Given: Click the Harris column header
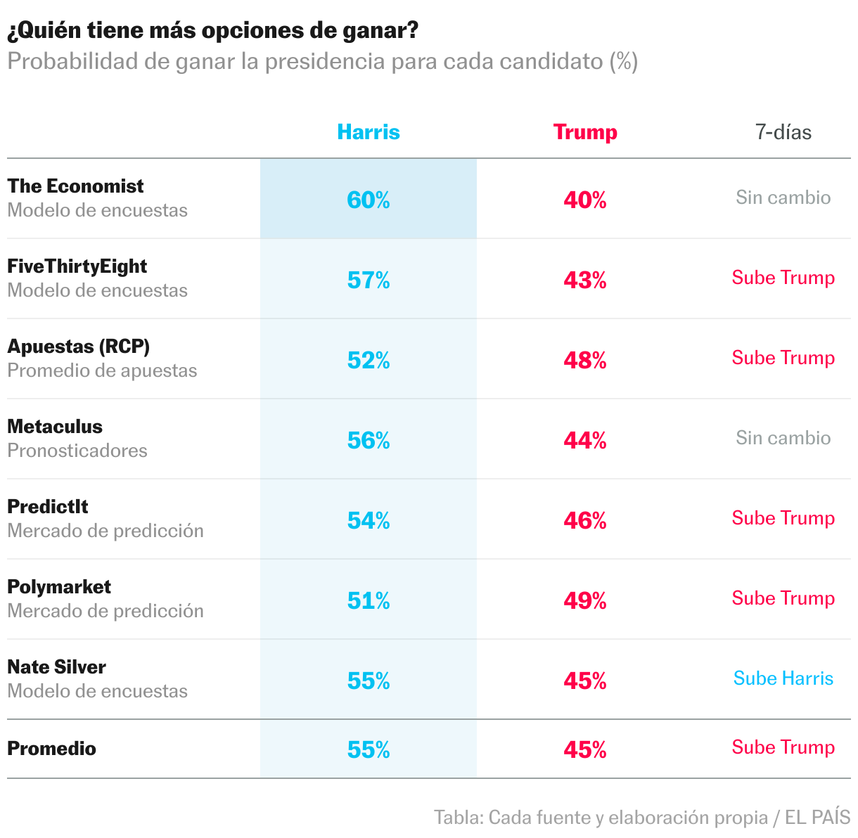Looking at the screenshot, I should pyautogui.click(x=369, y=132).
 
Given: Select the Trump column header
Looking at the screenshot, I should pyautogui.click(x=585, y=132).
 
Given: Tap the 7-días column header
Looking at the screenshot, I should pyautogui.click(x=783, y=132).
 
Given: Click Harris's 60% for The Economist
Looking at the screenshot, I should pyautogui.click(x=369, y=200).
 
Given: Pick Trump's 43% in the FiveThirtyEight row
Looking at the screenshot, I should pyautogui.click(x=585, y=281).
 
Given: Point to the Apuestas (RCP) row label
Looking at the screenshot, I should pyautogui.click(x=78, y=347).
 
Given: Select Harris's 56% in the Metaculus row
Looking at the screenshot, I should pyautogui.click(x=369, y=441).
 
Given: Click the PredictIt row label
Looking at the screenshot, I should pyautogui.click(x=48, y=507).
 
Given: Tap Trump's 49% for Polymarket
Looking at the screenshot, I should pyautogui.click(x=585, y=601).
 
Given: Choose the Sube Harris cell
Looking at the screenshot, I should pyautogui.click(x=783, y=678).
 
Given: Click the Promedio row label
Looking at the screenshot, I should pyautogui.click(x=51, y=749).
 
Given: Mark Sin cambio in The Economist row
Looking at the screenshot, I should pyautogui.click(x=783, y=198).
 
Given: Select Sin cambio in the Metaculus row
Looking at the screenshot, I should pyautogui.click(x=783, y=438).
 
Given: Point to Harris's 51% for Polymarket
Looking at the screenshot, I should pyautogui.click(x=369, y=601).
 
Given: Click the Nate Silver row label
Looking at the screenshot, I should pyautogui.click(x=56, y=667).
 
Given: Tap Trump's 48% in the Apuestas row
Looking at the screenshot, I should pyautogui.click(x=585, y=361).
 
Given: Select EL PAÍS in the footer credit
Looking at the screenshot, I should pyautogui.click(x=817, y=818).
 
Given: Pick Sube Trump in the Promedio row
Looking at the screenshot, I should pyautogui.click(x=783, y=747).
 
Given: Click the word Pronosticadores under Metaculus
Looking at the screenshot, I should pyautogui.click(x=77, y=451).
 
